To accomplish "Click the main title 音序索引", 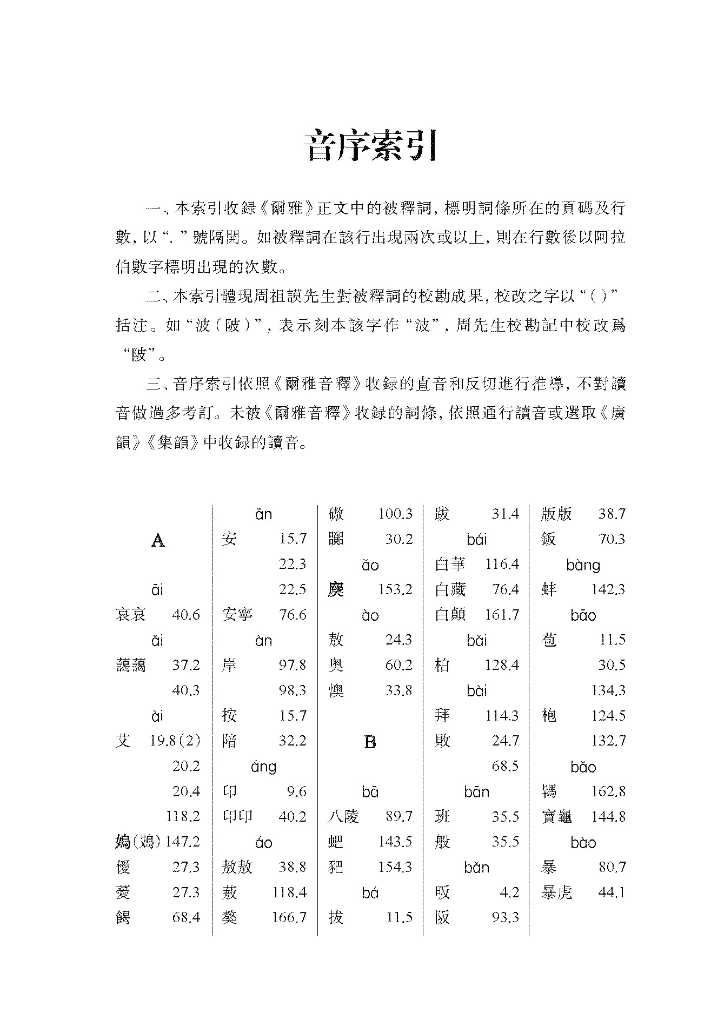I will [370, 146].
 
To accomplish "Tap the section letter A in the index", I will [157, 540].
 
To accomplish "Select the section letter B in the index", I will [370, 742].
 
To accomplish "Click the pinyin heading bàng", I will [583, 566].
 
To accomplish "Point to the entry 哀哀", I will [131, 615].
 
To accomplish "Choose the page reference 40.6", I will [185, 615].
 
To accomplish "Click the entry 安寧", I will [237, 615].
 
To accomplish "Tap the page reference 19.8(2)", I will [175, 741].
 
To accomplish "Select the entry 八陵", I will [343, 817].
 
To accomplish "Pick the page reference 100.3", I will [395, 514].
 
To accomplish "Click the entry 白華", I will [450, 565].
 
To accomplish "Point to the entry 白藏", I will [450, 589].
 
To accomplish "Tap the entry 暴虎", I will [556, 892].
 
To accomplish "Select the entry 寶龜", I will [556, 817].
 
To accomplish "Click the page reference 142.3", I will [608, 589].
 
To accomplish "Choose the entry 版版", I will [556, 514].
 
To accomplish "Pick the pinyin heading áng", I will [263, 767].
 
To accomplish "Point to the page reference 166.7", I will [289, 917].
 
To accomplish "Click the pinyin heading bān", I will [476, 792].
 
